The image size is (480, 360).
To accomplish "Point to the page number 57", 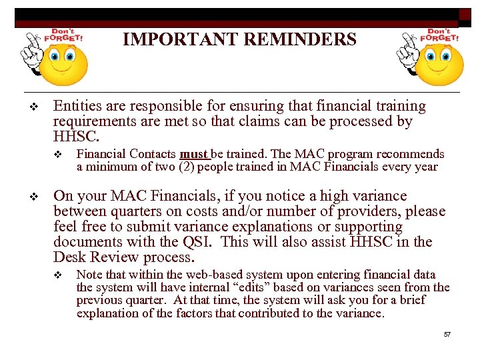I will [x=447, y=334].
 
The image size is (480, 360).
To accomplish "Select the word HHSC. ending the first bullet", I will [x=76, y=137].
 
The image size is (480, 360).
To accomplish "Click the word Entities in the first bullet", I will [x=77, y=106].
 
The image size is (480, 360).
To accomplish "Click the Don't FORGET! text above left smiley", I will [x=63, y=34].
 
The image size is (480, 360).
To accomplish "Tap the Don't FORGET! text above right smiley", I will [x=439, y=34].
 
